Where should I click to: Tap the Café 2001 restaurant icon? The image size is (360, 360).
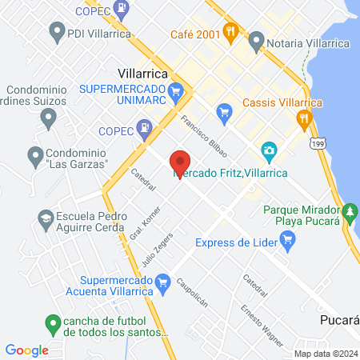tap(231, 32)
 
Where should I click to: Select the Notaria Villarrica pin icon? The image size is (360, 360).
tap(257, 39)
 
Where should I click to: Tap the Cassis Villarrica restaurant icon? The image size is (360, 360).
tap(303, 120)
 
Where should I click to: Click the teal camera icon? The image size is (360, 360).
tap(269, 150)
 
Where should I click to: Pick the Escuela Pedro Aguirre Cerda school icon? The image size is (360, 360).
tap(46, 217)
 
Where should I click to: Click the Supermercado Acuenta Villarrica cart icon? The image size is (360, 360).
tap(163, 281)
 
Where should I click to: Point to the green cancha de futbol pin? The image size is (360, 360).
tap(53, 323)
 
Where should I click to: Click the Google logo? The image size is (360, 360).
tap(27, 350)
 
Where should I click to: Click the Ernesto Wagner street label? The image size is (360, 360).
tap(262, 324)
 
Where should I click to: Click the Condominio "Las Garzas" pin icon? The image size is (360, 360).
tap(34, 154)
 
